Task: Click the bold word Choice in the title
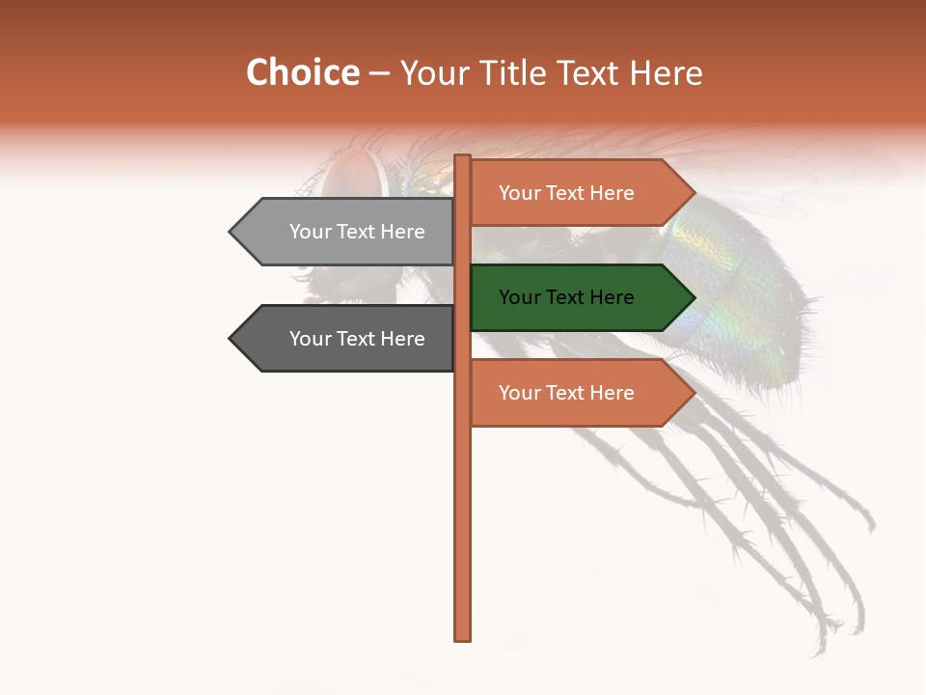coord(303,73)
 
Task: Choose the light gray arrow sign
coord(342,232)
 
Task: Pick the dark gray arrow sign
coord(342,339)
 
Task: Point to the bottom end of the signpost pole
coord(463,637)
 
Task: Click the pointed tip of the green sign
coord(694,298)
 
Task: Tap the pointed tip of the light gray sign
coord(231,232)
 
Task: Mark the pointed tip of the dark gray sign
coord(231,339)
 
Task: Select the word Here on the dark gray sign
coord(402,339)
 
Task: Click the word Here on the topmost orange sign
coord(612,193)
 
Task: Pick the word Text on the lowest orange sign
coord(566,393)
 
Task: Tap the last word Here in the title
coord(666,73)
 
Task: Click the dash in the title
coord(379,74)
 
